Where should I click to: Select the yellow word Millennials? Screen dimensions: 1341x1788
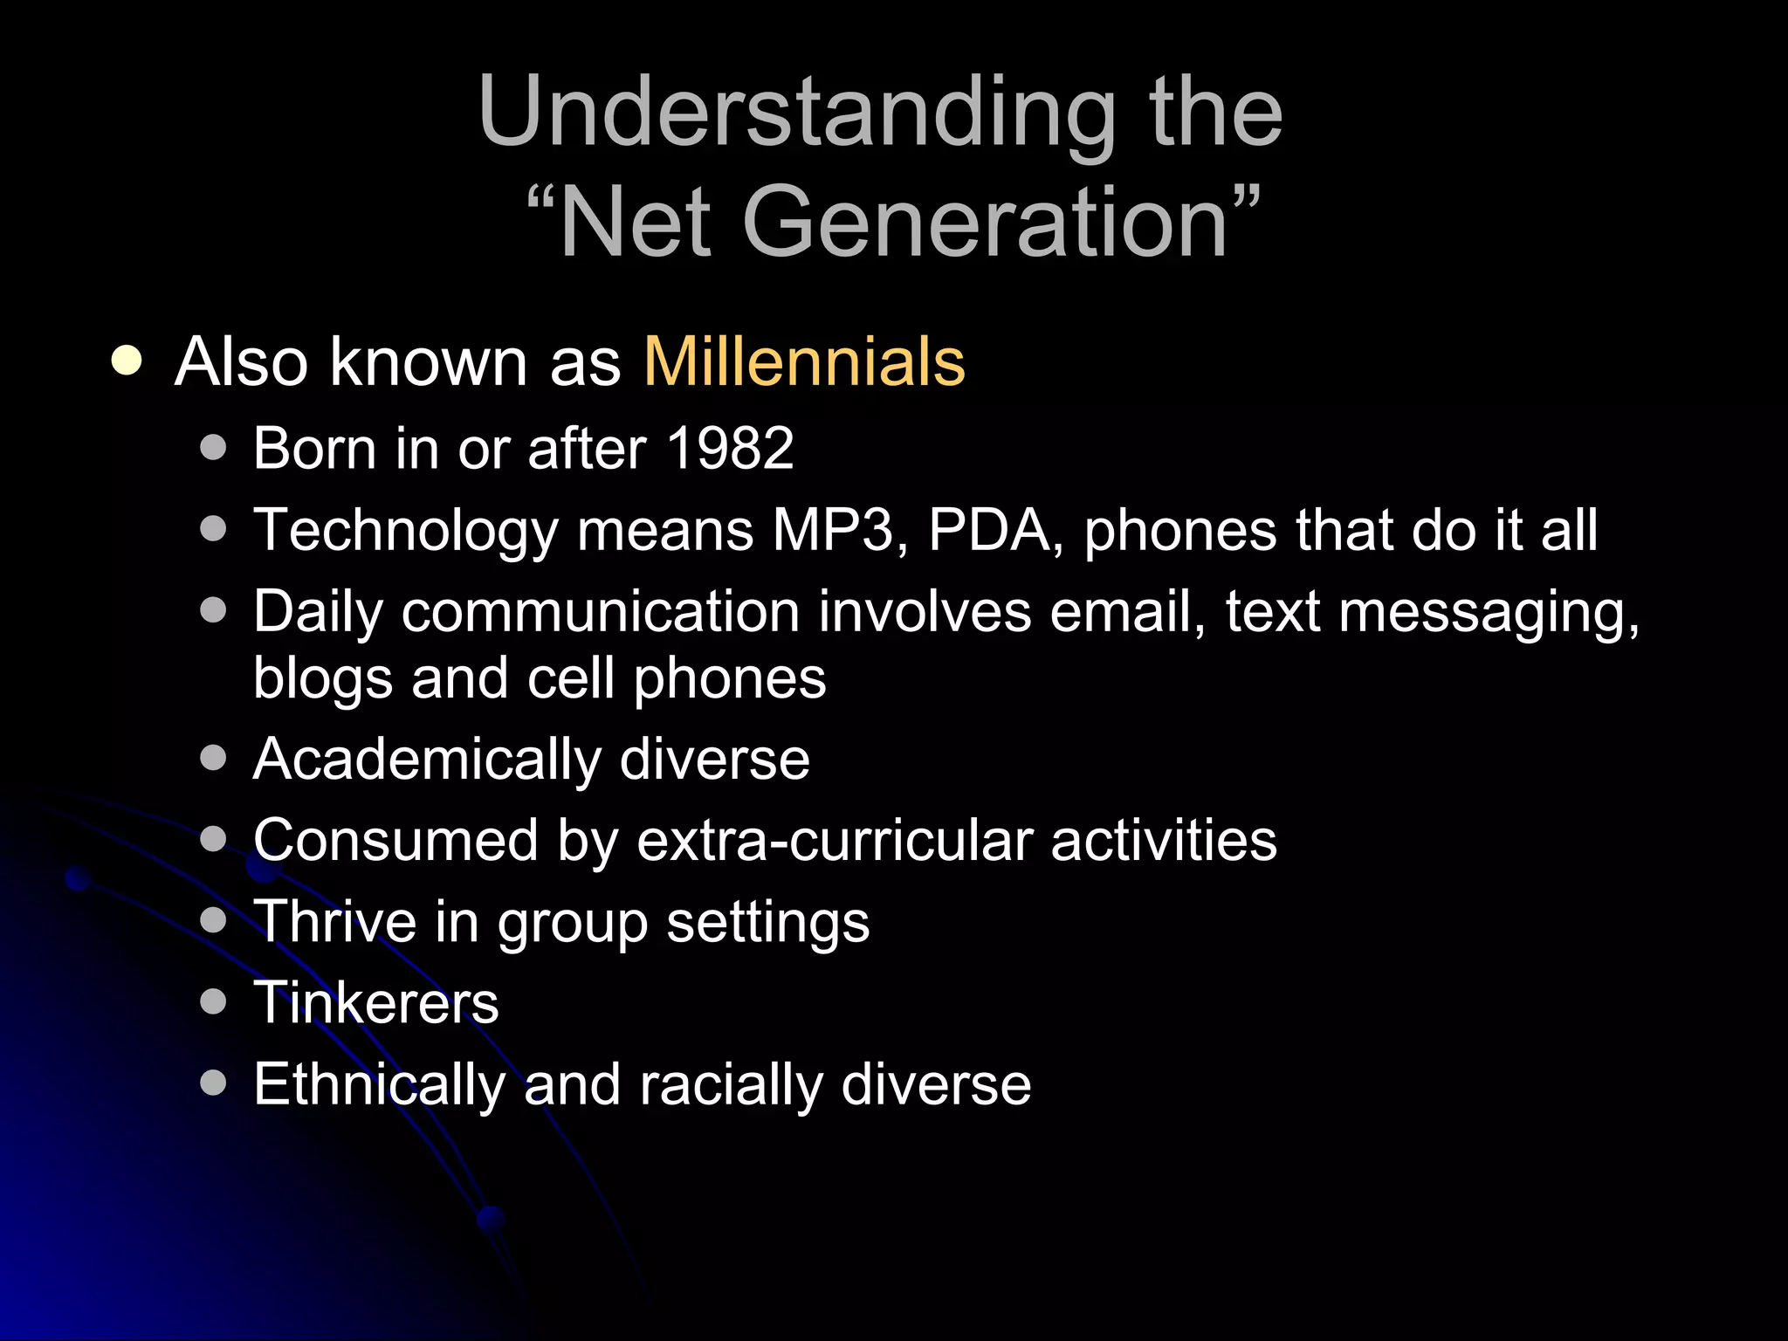coord(804,361)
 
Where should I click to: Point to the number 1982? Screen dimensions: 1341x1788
coord(730,449)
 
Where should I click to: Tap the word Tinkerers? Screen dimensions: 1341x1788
coord(376,1003)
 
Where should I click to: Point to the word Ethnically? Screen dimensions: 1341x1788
coord(379,1085)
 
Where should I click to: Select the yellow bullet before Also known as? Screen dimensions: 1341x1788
coord(127,361)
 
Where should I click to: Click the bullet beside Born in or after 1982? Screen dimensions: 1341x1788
coord(213,449)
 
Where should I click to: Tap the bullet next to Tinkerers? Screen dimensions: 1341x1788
coord(213,1001)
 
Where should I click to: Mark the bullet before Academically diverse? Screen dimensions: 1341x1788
coord(213,758)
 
